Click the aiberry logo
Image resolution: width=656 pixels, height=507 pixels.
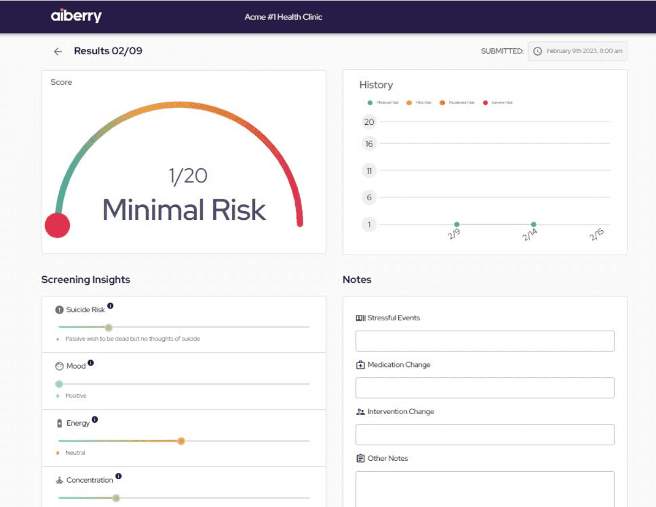76,16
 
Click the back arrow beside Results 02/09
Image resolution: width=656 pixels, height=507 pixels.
58,52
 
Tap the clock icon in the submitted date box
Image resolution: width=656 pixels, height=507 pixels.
537,51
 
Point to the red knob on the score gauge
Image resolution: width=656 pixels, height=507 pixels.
58,225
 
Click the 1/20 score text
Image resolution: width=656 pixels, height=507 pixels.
188,176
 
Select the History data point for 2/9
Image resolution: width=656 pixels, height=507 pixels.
457,224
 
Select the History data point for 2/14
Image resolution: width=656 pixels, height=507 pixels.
533,224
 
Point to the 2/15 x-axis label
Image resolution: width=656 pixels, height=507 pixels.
596,235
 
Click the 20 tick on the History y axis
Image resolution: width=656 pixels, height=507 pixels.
369,122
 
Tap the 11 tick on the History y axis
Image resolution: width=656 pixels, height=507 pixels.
369,171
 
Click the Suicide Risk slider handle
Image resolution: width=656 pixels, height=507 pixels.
109,327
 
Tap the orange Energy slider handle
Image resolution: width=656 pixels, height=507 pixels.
181,441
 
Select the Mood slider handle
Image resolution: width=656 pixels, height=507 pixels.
59,384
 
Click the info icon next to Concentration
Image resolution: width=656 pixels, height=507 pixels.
118,477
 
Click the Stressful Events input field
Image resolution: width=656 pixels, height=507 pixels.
485,341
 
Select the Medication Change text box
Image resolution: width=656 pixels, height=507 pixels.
485,388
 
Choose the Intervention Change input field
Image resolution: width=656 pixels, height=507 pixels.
485,435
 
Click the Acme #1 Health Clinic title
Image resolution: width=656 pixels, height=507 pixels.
283,17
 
